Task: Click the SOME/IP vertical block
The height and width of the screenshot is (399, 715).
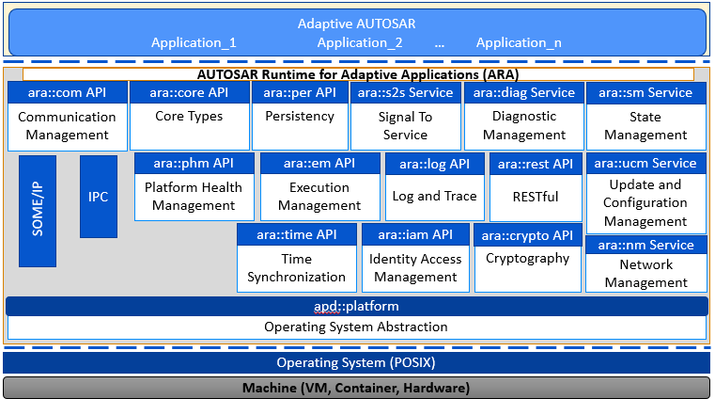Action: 38,211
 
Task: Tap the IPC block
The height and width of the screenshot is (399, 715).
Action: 99,197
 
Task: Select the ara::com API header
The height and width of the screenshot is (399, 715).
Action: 68,92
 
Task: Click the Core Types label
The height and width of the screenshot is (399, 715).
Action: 189,116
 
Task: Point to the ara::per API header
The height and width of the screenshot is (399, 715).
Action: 300,92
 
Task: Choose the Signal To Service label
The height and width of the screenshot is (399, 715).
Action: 405,125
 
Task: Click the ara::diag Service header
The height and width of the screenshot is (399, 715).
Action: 524,92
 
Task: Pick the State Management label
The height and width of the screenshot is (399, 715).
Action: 645,125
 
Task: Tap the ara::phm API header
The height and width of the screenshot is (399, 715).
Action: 194,164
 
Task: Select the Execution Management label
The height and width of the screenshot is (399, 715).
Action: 319,197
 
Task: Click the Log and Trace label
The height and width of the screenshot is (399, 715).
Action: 435,196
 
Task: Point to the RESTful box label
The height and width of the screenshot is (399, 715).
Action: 536,197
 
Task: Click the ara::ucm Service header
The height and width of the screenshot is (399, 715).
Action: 645,164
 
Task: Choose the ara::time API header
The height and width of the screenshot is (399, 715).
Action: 297,234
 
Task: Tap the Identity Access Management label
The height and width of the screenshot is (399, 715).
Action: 415,268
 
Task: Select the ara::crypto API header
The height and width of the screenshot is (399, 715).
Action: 528,235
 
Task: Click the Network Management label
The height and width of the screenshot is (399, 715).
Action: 646,274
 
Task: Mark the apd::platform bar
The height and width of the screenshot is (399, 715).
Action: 357,306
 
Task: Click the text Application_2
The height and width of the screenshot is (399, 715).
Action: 360,42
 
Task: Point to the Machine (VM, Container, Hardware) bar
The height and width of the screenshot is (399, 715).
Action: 357,388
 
